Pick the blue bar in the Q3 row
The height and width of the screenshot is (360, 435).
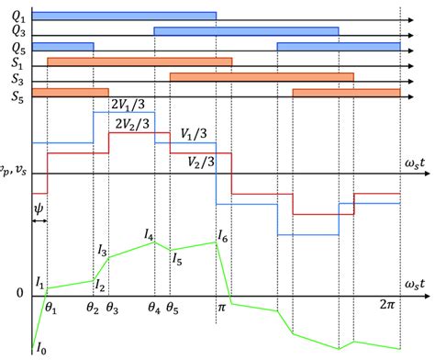coord(246,31)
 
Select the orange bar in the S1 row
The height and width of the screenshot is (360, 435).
coord(139,62)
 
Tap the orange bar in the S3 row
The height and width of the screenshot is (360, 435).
coord(262,76)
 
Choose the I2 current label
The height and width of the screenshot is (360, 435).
coord(99,263)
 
